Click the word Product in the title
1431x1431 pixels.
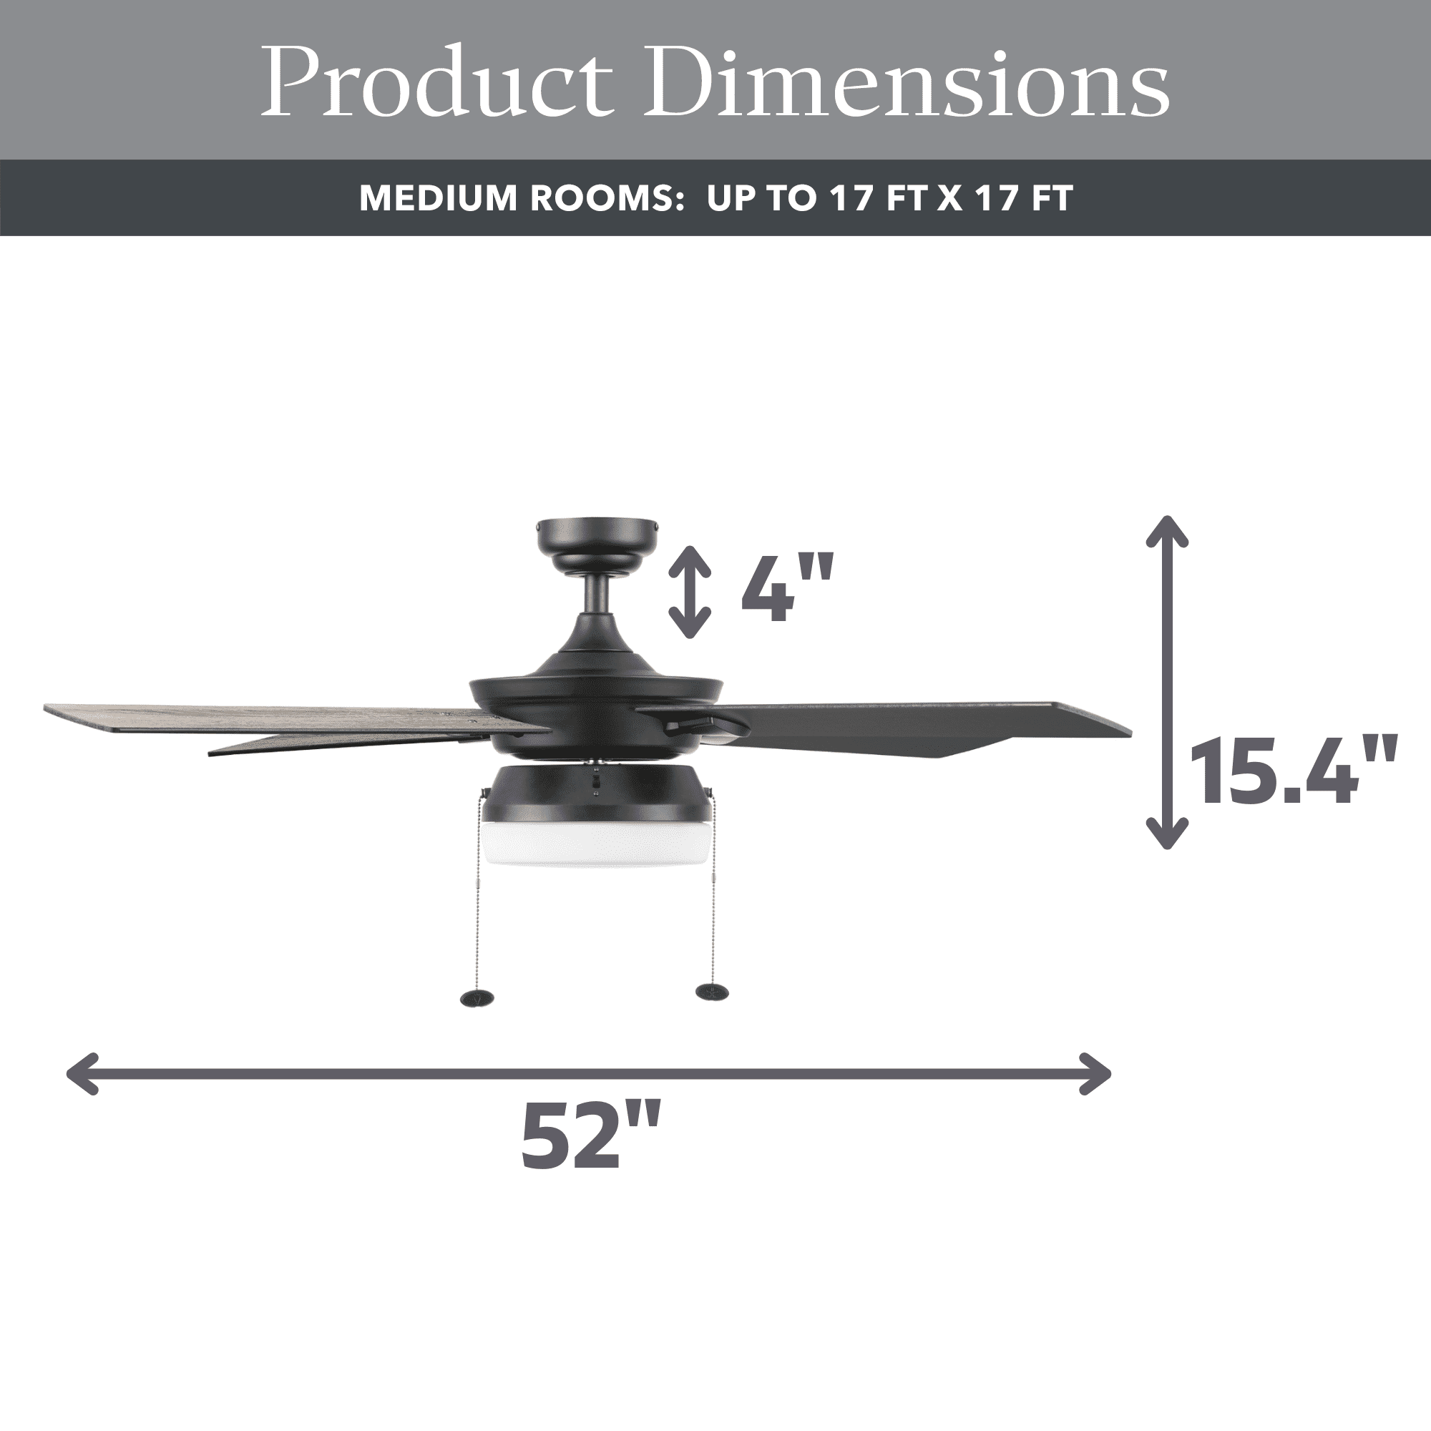coord(437,82)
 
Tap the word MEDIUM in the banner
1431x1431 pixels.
coord(438,198)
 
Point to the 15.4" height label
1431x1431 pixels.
coord(1291,771)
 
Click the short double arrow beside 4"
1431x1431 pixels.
coord(690,592)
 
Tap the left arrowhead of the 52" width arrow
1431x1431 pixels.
coord(82,1073)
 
